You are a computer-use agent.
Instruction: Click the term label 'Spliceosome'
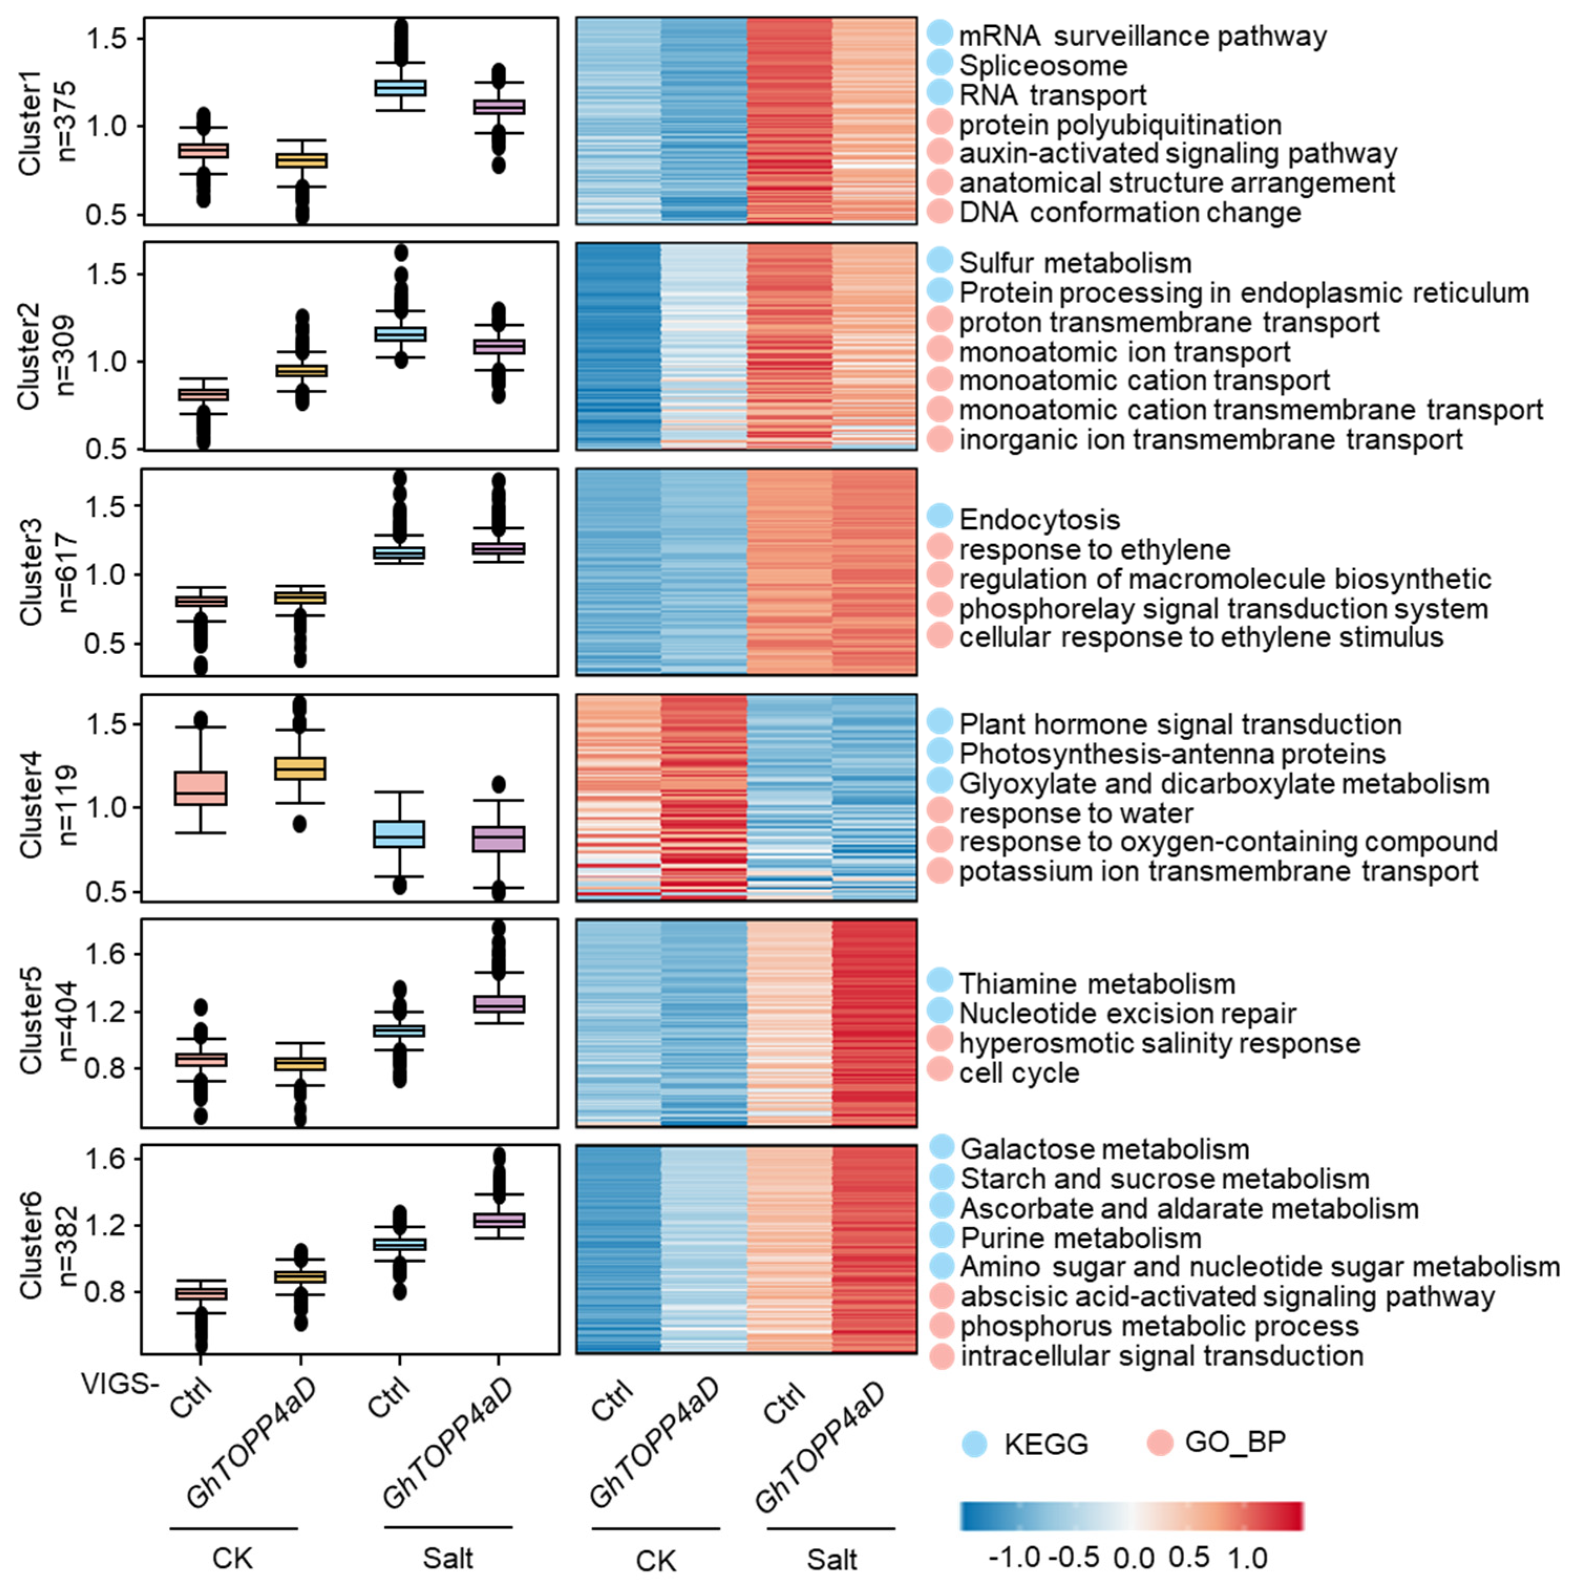(1043, 65)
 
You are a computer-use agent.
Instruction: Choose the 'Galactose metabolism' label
(1104, 1148)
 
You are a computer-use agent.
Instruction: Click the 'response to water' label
(1075, 813)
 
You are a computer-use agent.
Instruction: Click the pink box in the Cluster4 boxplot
(201, 788)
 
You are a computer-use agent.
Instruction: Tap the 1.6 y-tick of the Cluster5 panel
(104, 954)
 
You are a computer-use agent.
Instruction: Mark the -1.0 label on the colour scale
(1014, 1557)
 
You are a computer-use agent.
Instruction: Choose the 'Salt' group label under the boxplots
(448, 1557)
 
